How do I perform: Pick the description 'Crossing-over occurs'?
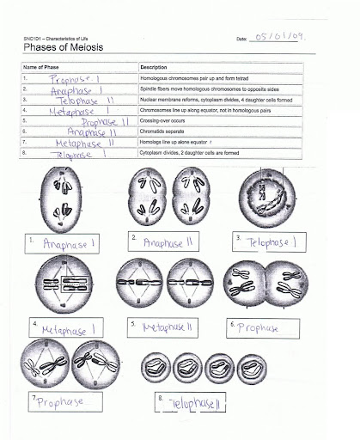click(x=164, y=122)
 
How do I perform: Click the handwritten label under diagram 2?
click(x=172, y=243)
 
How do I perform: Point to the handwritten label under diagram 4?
click(x=69, y=328)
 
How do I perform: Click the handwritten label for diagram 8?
click(x=198, y=402)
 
